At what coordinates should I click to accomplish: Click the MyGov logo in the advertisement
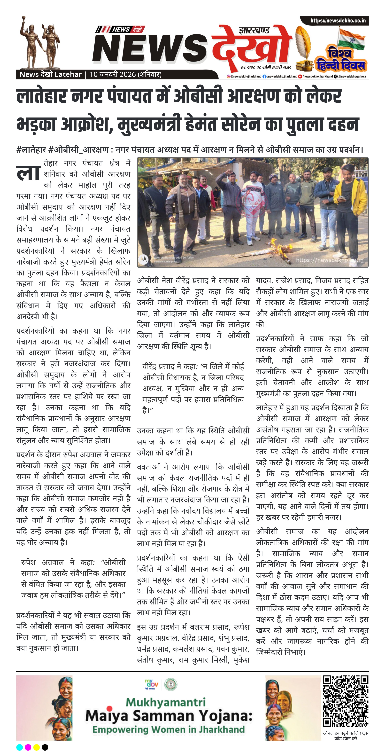click(152, 684)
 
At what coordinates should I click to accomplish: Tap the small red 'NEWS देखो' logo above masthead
click(120, 29)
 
